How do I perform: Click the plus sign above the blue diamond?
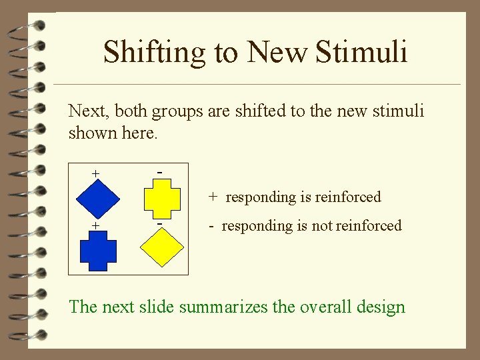click(96, 173)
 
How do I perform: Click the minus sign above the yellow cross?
click(160, 172)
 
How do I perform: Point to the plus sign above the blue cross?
click(96, 226)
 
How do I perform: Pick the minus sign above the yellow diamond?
click(160, 224)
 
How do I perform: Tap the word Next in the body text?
click(86, 111)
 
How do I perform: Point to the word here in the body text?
click(138, 133)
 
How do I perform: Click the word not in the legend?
click(322, 226)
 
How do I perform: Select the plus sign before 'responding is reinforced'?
click(212, 197)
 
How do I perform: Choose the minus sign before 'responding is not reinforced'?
click(210, 226)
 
